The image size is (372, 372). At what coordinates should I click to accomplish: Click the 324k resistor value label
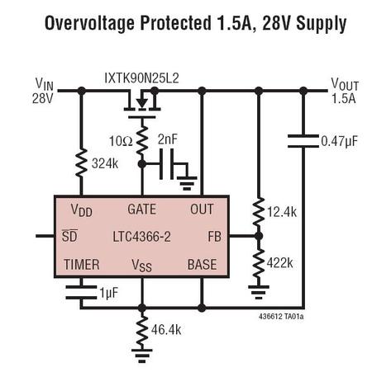click(x=105, y=163)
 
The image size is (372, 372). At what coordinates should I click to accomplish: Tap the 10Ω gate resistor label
click(x=121, y=141)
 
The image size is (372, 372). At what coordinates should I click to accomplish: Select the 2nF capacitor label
click(x=168, y=139)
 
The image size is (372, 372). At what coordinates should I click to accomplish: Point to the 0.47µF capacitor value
click(x=339, y=142)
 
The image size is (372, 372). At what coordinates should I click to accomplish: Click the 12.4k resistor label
click(x=282, y=212)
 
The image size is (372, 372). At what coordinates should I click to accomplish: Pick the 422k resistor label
click(x=279, y=263)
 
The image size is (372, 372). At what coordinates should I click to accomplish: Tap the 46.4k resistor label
click(x=166, y=330)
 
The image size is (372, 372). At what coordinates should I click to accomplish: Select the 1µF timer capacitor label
click(x=109, y=293)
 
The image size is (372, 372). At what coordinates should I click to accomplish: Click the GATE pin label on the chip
click(x=142, y=210)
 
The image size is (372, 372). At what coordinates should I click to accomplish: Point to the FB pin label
click(x=214, y=237)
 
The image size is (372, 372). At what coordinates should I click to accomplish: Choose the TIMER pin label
click(x=82, y=265)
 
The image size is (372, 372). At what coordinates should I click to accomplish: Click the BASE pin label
click(x=202, y=265)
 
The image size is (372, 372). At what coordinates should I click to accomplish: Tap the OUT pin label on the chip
click(x=202, y=210)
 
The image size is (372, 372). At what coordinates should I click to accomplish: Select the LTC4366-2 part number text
click(x=142, y=237)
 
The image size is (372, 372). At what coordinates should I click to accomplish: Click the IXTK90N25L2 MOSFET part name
click(x=141, y=78)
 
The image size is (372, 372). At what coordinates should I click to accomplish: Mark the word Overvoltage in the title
click(x=90, y=23)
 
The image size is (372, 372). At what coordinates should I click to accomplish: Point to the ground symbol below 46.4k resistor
click(x=142, y=356)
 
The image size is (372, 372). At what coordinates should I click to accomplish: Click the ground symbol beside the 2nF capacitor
click(x=187, y=183)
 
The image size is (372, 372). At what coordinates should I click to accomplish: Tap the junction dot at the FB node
click(x=259, y=236)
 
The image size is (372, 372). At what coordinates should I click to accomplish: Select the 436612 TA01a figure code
click(x=281, y=317)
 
